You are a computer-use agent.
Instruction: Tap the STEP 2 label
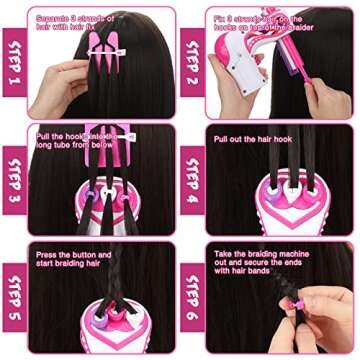click(193, 61)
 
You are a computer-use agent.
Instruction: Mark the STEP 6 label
click(193, 297)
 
